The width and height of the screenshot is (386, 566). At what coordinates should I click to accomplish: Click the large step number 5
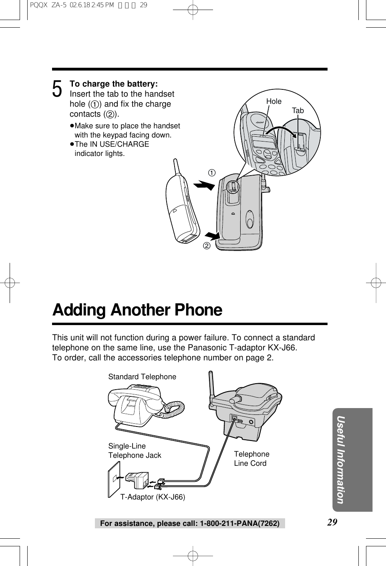[x=57, y=89]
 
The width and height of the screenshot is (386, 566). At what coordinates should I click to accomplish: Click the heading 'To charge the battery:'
[x=114, y=84]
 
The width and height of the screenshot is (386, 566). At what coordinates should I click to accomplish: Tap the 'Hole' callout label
[x=274, y=101]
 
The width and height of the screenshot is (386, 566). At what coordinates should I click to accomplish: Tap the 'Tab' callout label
[x=298, y=111]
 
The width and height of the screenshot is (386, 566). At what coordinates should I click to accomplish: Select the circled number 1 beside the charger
[x=211, y=173]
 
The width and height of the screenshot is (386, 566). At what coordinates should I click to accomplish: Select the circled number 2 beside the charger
[x=207, y=245]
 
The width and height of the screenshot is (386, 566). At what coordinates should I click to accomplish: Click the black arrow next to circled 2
[x=212, y=236]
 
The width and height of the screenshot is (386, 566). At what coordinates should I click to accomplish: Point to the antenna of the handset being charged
[x=176, y=169]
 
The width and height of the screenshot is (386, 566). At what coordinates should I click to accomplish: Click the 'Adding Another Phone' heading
[x=137, y=310]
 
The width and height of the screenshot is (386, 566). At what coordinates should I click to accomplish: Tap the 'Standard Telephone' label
[x=142, y=377]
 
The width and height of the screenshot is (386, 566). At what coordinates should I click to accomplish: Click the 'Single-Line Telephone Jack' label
[x=135, y=451]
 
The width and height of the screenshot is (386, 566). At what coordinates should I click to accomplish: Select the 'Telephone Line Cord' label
[x=251, y=459]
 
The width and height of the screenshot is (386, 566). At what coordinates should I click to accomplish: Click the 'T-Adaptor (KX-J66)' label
[x=153, y=497]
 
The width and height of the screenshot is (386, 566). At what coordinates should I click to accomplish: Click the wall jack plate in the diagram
[x=114, y=479]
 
